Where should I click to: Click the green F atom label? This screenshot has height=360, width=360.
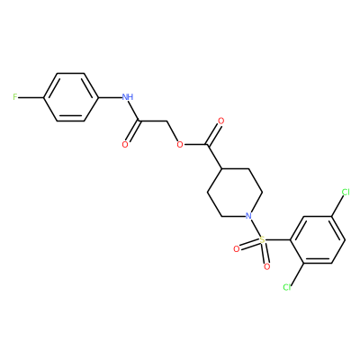(x=15, y=97)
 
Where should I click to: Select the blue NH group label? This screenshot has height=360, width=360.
(x=128, y=97)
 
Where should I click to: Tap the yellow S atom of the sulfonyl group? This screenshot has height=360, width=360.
(x=263, y=240)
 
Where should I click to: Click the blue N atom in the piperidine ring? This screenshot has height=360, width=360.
(x=248, y=216)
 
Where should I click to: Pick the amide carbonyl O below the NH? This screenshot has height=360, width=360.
(x=125, y=145)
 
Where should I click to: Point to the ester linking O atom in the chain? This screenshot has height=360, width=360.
(x=180, y=145)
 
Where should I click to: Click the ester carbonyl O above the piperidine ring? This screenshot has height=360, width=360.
(x=221, y=121)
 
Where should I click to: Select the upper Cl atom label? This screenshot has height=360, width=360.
(x=346, y=193)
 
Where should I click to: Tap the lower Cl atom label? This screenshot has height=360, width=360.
(x=287, y=287)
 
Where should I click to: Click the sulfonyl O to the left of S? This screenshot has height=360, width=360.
(x=237, y=248)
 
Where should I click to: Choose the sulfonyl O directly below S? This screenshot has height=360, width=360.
(x=267, y=266)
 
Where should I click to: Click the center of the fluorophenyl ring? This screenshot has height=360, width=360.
(x=71, y=97)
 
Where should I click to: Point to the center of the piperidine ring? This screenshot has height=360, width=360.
(x=235, y=193)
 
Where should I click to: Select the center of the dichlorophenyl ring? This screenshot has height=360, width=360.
(x=318, y=240)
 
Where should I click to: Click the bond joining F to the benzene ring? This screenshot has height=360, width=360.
(x=31, y=97)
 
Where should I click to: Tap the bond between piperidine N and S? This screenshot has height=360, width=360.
(x=256, y=228)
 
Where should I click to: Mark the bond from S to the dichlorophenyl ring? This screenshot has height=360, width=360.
(x=278, y=240)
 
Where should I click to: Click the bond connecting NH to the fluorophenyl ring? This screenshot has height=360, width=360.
(x=110, y=97)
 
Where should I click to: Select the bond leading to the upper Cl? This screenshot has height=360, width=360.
(x=337, y=206)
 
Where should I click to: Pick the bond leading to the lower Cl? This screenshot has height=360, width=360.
(x=297, y=274)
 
